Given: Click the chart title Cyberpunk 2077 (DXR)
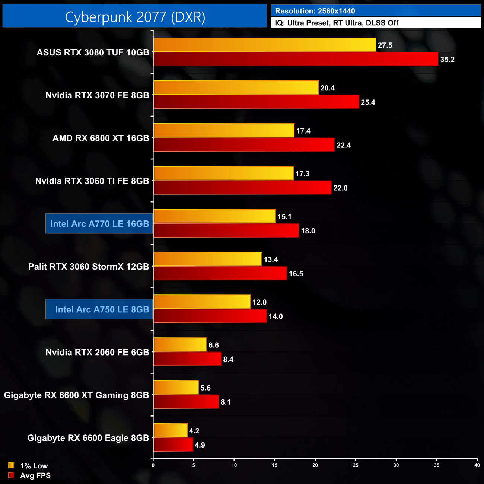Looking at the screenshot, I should pyautogui.click(x=135, y=17).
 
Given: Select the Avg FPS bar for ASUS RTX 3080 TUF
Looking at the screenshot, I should pyautogui.click(x=296, y=59).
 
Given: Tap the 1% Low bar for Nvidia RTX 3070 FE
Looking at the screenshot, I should pyautogui.click(x=236, y=88).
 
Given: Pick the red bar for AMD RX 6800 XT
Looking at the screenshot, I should pyautogui.click(x=244, y=145).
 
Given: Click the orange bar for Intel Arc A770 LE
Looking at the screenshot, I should pyautogui.click(x=214, y=216).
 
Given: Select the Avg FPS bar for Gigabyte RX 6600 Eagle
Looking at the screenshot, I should pyautogui.click(x=173, y=445).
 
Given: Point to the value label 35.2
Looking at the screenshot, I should pyautogui.click(x=447, y=60).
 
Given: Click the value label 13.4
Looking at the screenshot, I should pyautogui.click(x=271, y=259).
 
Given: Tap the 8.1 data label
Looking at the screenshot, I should pyautogui.click(x=226, y=402).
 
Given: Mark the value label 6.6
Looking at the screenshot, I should pyautogui.click(x=214, y=345).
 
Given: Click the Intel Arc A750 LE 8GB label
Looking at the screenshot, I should pyautogui.click(x=102, y=309).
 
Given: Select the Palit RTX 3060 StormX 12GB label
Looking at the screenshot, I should pyautogui.click(x=89, y=267).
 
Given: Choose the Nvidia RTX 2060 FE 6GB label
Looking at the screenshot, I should pyautogui.click(x=97, y=352).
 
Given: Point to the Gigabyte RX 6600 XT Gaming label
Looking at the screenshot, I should pyautogui.click(x=76, y=395).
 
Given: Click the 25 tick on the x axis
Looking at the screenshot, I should pyautogui.click(x=356, y=465).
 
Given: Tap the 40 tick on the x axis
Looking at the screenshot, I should pyautogui.click(x=477, y=465).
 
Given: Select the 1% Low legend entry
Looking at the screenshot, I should pyautogui.click(x=34, y=466).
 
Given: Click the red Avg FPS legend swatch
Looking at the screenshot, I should pyautogui.click(x=11, y=475).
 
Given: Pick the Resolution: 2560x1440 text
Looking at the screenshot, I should pyautogui.click(x=315, y=11).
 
